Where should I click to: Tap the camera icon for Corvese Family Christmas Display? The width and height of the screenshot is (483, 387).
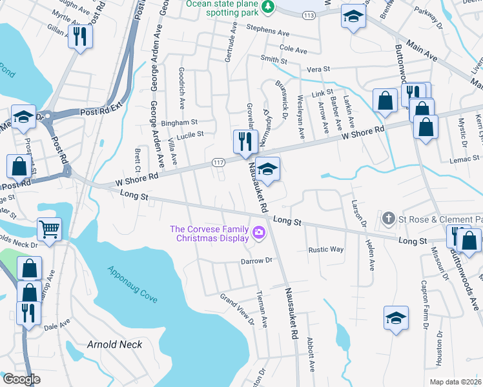point(260,232)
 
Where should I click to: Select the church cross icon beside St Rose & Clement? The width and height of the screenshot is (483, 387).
point(388,219)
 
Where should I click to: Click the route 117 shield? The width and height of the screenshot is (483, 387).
point(220,164)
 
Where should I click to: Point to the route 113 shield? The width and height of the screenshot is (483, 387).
point(309,14)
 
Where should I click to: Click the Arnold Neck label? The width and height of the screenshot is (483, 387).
point(114,344)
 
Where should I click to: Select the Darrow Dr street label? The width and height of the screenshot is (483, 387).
point(258,261)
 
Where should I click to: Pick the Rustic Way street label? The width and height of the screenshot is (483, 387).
point(325,250)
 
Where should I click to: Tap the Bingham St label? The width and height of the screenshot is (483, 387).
point(179,122)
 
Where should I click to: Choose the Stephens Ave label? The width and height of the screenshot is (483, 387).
point(270,31)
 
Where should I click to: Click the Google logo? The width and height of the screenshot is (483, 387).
point(21,379)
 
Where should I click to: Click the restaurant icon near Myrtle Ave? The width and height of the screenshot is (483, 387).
point(80,36)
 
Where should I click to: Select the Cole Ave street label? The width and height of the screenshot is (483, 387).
point(293,48)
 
